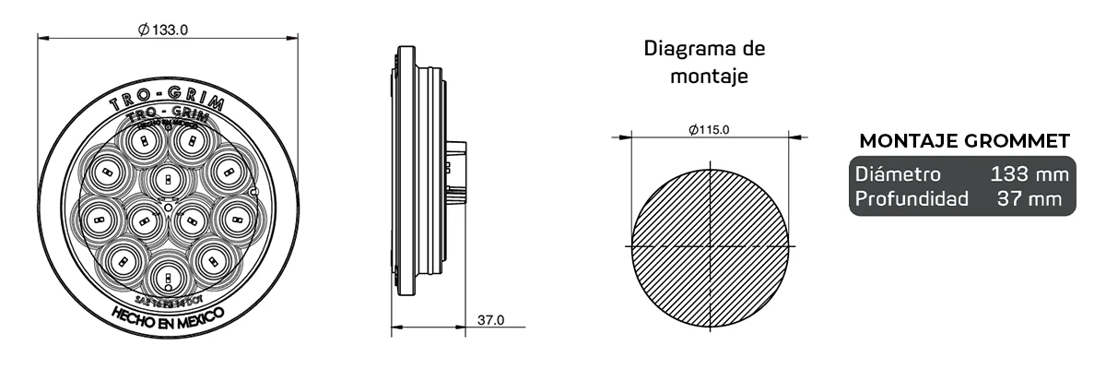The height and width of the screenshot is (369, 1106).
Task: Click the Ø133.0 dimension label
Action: [x=163, y=30]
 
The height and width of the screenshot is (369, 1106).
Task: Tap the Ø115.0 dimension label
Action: [x=709, y=130]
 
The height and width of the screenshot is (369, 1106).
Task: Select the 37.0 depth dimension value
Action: [x=490, y=320]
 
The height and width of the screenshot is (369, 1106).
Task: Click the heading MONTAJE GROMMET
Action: [x=964, y=141]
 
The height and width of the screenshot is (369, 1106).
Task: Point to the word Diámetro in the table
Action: [x=898, y=174]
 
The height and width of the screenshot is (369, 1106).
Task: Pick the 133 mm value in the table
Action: [x=1030, y=174]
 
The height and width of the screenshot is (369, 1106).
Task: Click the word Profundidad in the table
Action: [x=912, y=198]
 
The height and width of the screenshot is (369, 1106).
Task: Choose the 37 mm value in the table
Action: [x=1036, y=198]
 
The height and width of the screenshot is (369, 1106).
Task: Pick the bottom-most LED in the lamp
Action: [x=167, y=274]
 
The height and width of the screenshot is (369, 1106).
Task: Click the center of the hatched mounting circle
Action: [x=710, y=247]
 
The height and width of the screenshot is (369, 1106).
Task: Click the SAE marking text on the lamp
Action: [x=167, y=299]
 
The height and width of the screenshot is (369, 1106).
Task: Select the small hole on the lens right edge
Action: [x=253, y=192]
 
